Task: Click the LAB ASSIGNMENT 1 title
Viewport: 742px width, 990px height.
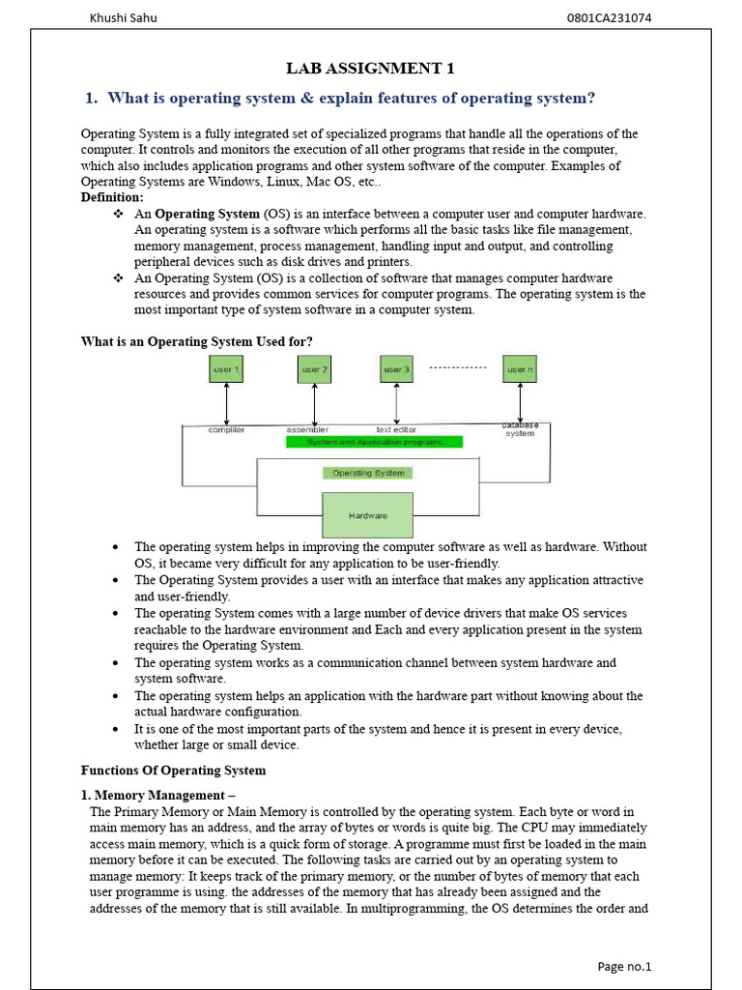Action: (x=370, y=68)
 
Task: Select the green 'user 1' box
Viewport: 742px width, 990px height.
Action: (x=226, y=369)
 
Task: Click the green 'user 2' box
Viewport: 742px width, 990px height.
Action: (x=314, y=369)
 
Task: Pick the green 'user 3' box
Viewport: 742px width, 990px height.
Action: (x=396, y=369)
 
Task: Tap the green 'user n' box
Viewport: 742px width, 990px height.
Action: (x=520, y=369)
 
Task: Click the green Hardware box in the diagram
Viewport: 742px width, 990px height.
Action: (x=367, y=515)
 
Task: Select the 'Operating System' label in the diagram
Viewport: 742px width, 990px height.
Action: (x=367, y=473)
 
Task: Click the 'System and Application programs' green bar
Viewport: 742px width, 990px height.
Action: (x=375, y=442)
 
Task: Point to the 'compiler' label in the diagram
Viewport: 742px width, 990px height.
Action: (x=226, y=429)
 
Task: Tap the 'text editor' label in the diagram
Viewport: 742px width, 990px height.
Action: (x=396, y=429)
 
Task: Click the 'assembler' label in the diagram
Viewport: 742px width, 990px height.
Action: (x=307, y=429)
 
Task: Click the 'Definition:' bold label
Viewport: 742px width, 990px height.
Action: (x=112, y=197)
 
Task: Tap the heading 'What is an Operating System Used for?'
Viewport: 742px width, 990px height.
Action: (x=196, y=341)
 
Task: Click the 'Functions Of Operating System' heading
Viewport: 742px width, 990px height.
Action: (x=173, y=771)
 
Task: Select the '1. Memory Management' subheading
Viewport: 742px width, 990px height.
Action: (x=157, y=795)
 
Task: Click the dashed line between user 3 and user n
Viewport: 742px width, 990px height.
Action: (x=457, y=368)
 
